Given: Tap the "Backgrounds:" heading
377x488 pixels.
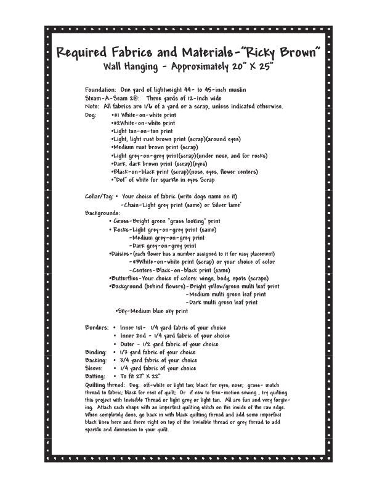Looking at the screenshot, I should (x=102, y=213).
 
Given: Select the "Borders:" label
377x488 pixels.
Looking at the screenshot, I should (x=97, y=328).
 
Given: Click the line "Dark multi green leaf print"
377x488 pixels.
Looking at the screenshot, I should (x=222, y=303).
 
